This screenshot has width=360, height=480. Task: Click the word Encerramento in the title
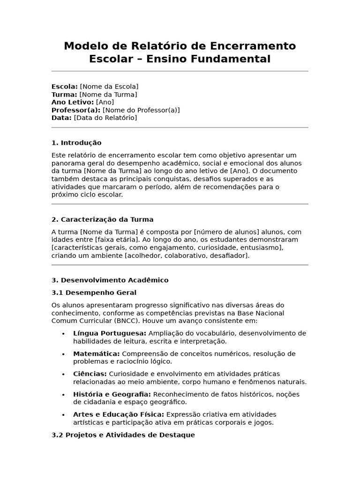[253, 46]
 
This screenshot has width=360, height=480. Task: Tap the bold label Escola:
[65, 87]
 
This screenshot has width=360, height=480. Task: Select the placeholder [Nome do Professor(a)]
[141, 110]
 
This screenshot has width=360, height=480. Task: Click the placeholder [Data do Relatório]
[105, 118]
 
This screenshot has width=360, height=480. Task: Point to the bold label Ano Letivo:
[73, 102]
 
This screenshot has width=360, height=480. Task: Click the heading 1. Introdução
[76, 143]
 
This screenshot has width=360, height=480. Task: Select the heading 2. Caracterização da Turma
[102, 219]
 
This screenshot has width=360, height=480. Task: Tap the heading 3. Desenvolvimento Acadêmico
[110, 280]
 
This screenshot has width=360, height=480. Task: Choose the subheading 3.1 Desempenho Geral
[94, 292]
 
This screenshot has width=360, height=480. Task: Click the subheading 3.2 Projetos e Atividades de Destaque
[123, 435]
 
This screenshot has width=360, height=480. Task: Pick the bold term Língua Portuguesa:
[110, 333]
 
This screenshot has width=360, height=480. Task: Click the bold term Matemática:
[96, 353]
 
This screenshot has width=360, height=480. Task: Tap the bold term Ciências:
[90, 374]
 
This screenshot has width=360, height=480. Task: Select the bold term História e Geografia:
[112, 394]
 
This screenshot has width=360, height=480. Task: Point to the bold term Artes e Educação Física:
[119, 414]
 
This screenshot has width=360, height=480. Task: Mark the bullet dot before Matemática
[63, 354]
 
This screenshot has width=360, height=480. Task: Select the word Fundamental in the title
[232, 59]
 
